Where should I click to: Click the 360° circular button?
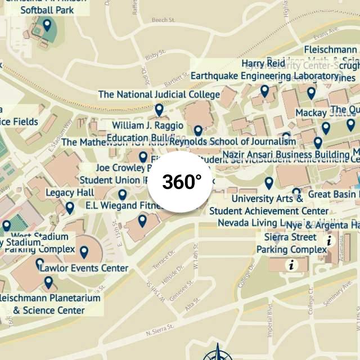(x=182, y=182)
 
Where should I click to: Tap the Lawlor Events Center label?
(x=84, y=268)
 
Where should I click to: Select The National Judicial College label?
(x=159, y=94)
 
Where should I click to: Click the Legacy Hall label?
(x=70, y=192)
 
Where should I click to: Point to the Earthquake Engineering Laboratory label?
(x=265, y=76)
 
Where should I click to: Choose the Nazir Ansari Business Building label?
(x=286, y=154)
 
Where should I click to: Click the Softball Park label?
(x=51, y=10)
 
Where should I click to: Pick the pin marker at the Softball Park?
(x=47, y=25)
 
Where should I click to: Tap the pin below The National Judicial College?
(x=159, y=110)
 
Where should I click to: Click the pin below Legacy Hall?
(x=70, y=208)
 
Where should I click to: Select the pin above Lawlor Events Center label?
(x=84, y=252)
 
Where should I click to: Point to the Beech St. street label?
(x=164, y=20)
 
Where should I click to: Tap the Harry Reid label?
(x=263, y=63)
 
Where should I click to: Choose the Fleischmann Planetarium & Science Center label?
(x=49, y=304)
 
